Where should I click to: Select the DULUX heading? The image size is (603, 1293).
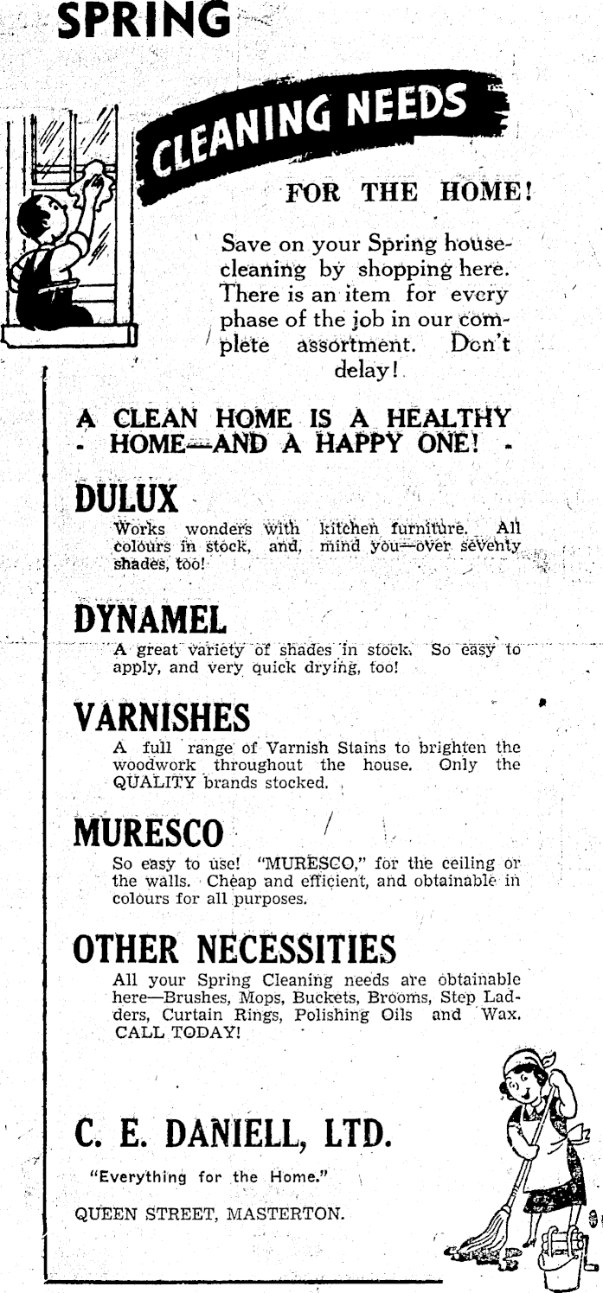(x=126, y=499)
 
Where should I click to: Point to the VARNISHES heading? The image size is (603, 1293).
(x=163, y=717)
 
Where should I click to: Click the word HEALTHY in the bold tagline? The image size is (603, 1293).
(x=442, y=419)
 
